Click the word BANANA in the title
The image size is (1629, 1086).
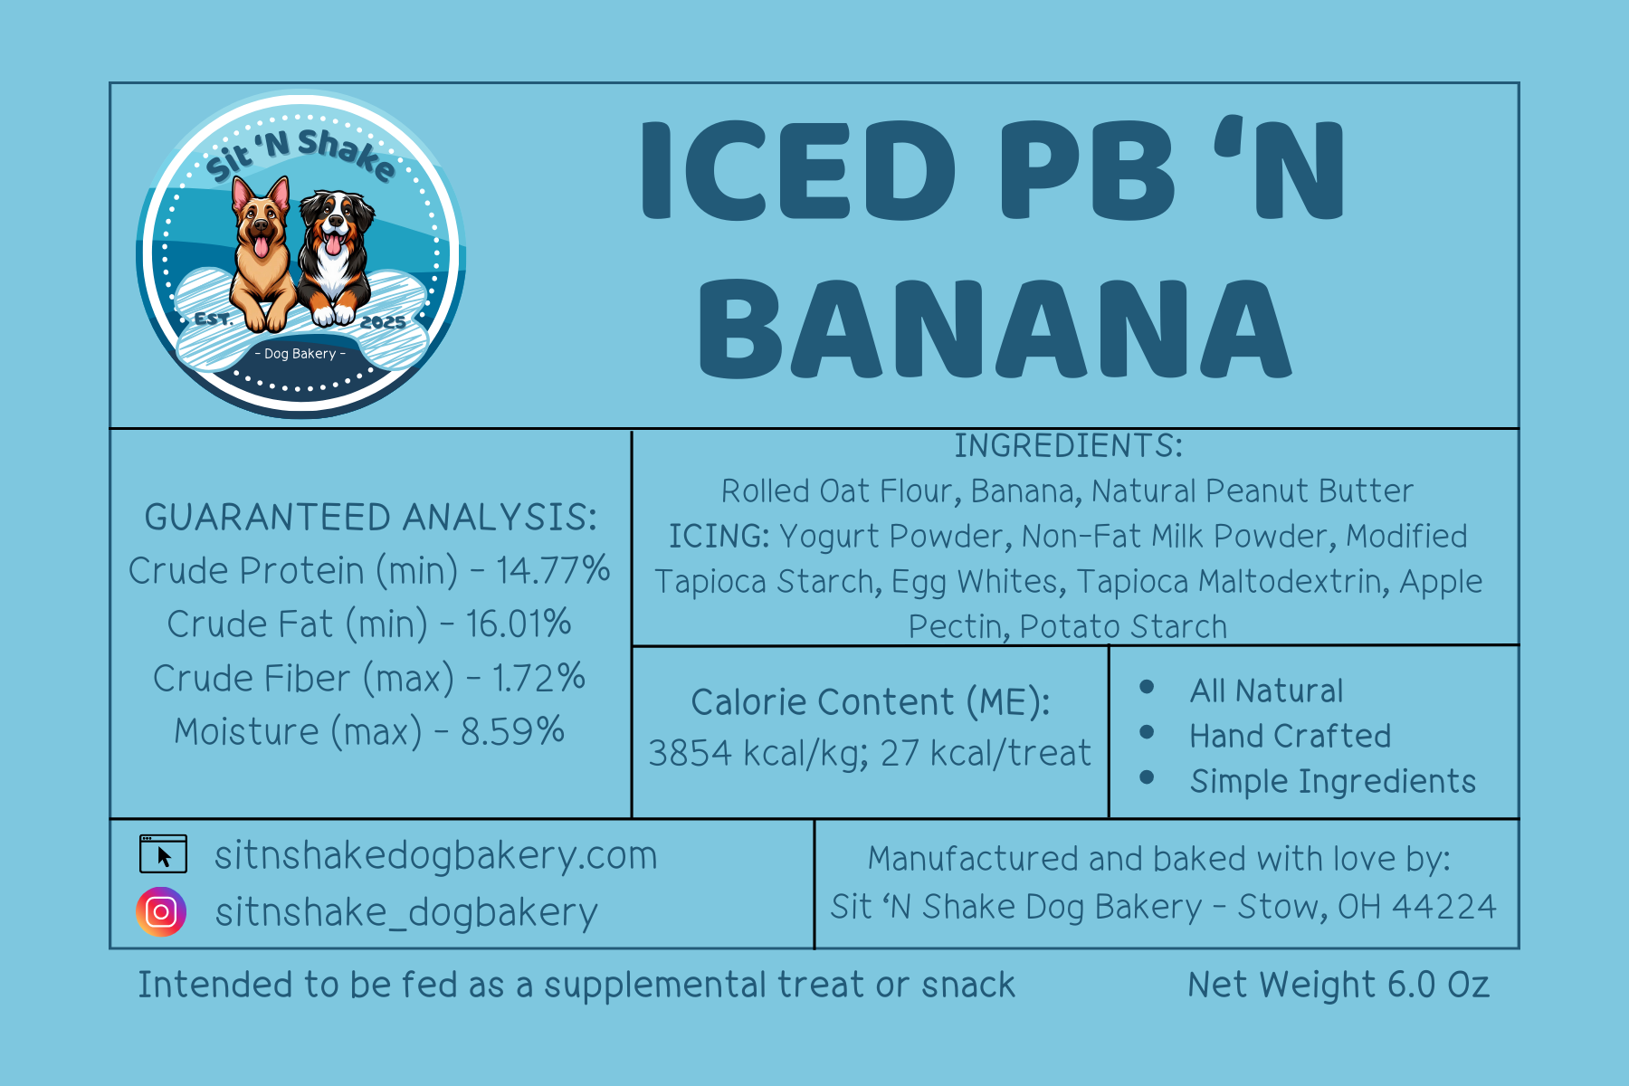point(995,329)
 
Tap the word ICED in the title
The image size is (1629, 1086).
point(798,171)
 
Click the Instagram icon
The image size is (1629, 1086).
point(161,911)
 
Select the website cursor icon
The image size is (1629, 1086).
point(163,853)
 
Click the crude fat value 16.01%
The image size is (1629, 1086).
point(519,624)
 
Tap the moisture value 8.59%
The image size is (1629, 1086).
point(513,731)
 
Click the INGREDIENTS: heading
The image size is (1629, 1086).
point(1068,445)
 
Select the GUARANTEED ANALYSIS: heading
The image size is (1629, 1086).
point(371,517)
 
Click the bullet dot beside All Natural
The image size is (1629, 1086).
point(1147,687)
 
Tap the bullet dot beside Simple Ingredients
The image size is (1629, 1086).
point(1147,776)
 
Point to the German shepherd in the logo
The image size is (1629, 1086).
point(262,253)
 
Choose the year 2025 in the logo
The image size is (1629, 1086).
point(383,322)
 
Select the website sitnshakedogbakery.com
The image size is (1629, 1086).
point(435,856)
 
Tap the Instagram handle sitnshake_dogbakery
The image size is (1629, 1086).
point(406,912)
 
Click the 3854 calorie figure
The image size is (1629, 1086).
point(690,753)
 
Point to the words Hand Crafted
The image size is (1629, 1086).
point(1291,736)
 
